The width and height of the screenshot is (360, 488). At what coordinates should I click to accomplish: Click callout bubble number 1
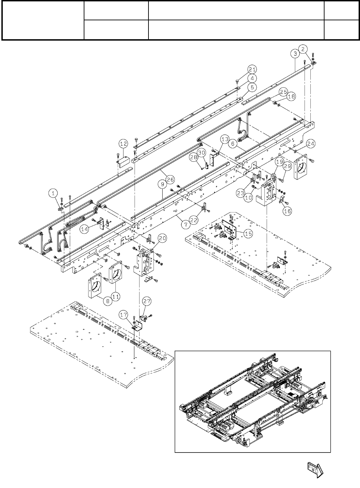tap(53, 194)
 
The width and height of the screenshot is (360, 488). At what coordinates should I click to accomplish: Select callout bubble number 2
tap(302, 49)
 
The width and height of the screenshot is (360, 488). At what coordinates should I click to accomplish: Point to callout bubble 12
tap(124, 143)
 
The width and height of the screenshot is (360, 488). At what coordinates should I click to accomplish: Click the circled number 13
tap(225, 139)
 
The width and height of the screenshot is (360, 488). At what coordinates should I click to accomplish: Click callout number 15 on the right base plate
tap(248, 233)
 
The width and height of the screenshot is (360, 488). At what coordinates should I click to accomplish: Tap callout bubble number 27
tap(147, 301)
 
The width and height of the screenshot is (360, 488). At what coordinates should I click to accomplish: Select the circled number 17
tap(124, 314)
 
